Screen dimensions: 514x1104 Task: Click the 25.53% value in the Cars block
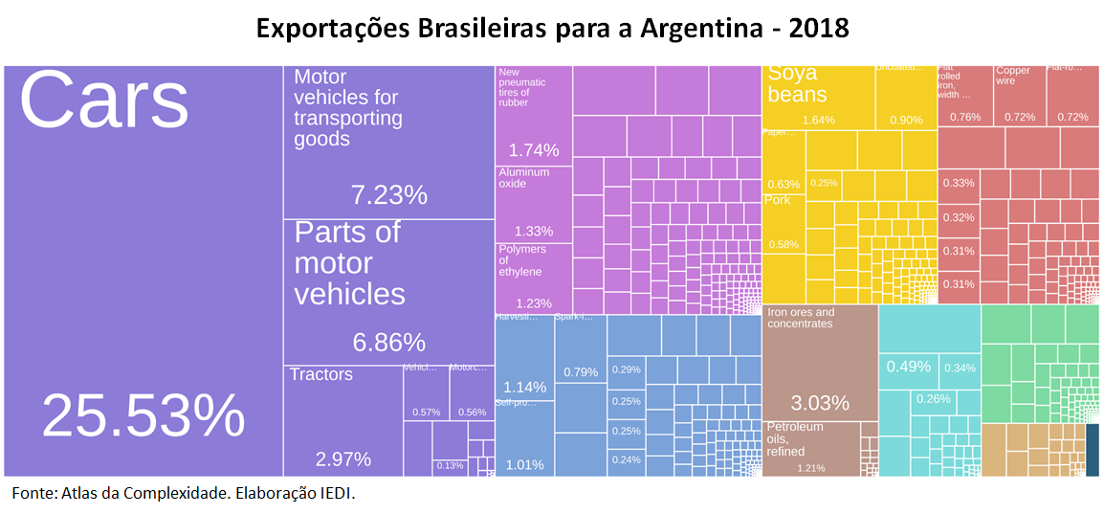pyautogui.click(x=144, y=417)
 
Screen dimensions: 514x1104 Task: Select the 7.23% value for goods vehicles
pyautogui.click(x=388, y=195)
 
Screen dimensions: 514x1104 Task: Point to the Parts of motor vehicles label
pyautogui.click(x=348, y=263)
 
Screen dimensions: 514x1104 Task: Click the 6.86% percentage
pyautogui.click(x=388, y=343)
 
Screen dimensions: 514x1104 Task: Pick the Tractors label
pyautogui.click(x=321, y=374)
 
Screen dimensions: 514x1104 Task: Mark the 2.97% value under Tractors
pyautogui.click(x=343, y=459)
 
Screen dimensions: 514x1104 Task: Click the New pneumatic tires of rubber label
pyautogui.click(x=522, y=87)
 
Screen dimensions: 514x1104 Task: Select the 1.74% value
pyautogui.click(x=534, y=150)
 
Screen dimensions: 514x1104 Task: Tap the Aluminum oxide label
pyautogui.click(x=524, y=178)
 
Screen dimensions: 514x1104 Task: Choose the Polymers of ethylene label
pyautogui.click(x=522, y=260)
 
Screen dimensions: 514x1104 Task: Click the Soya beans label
pyautogui.click(x=797, y=83)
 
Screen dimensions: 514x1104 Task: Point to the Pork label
pyautogui.click(x=778, y=200)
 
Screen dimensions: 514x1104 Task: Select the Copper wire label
pyautogui.click(x=1013, y=76)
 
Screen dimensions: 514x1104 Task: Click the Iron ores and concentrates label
pyautogui.click(x=801, y=318)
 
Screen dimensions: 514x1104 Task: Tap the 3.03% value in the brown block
pyautogui.click(x=820, y=402)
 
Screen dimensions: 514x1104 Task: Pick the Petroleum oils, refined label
pyautogui.click(x=794, y=438)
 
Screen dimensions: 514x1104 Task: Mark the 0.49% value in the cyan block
pyautogui.click(x=908, y=367)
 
